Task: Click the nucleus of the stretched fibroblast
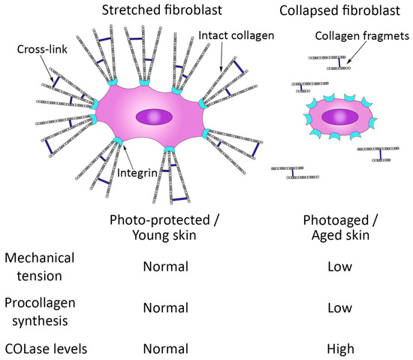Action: [153, 117]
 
